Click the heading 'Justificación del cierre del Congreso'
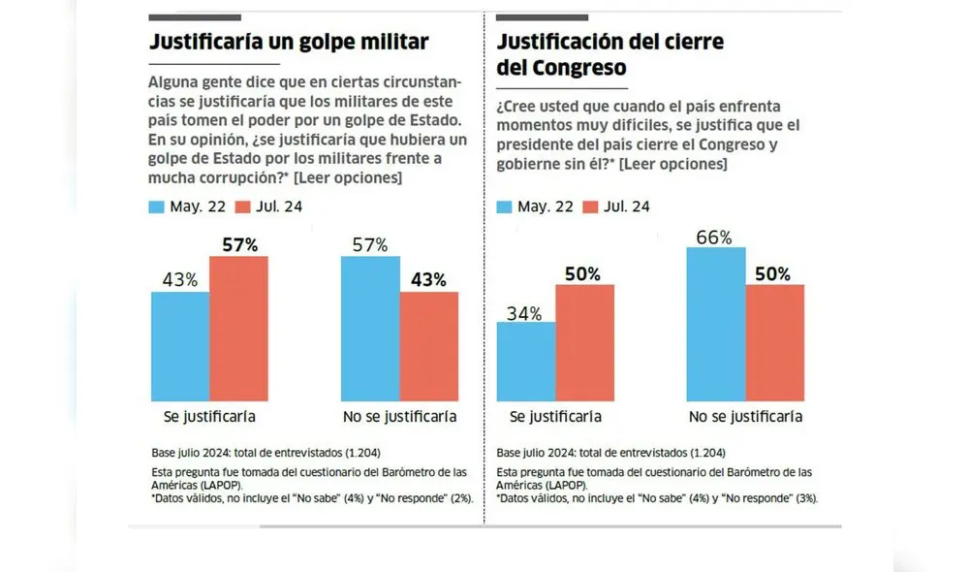coord(610,55)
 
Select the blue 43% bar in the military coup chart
coord(180,346)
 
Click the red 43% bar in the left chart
coord(428,346)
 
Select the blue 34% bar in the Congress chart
coord(525,362)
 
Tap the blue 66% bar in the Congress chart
coord(715,324)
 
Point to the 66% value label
coord(713,237)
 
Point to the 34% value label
coord(524,312)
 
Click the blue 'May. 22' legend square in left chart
coord(157,207)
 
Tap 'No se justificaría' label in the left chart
coord(400,417)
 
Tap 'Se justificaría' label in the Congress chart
coord(555,417)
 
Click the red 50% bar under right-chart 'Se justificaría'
coord(584,343)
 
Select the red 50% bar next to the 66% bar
coord(774,343)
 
